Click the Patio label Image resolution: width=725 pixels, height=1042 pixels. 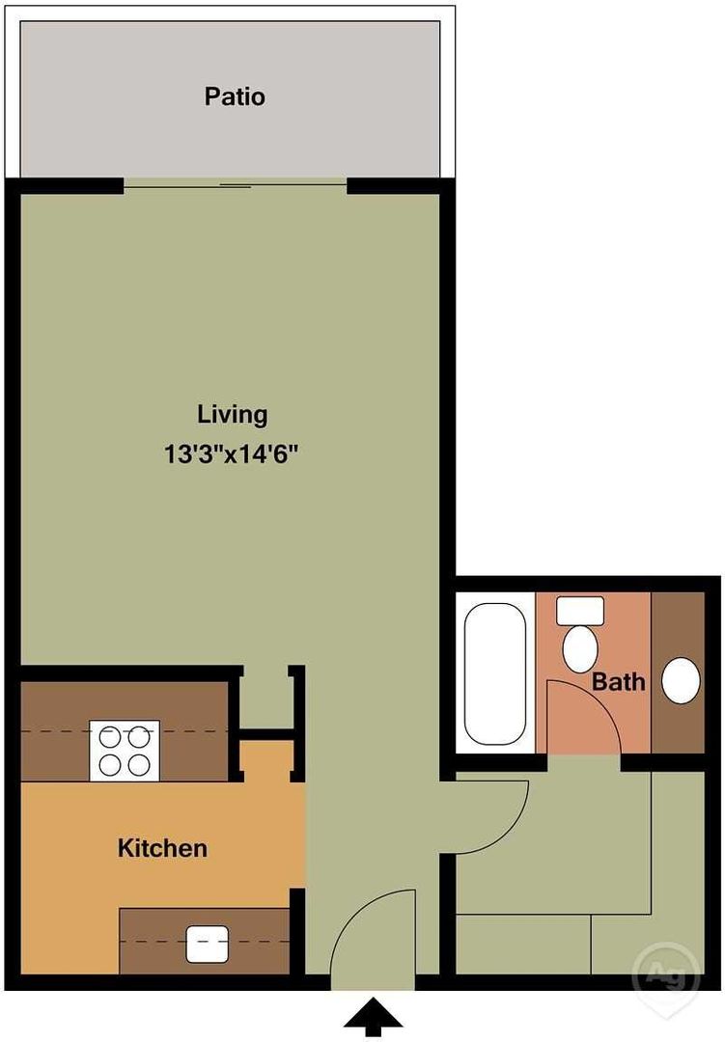(x=235, y=96)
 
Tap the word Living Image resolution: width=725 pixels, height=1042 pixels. (x=232, y=415)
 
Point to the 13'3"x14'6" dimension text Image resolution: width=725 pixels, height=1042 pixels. (x=231, y=455)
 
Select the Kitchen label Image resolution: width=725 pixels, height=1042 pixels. (x=162, y=848)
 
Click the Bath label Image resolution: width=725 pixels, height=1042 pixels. (x=618, y=682)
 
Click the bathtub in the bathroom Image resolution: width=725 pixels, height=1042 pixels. (x=494, y=673)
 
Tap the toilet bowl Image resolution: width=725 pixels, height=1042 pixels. (x=579, y=649)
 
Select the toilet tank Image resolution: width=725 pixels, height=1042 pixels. (x=580, y=610)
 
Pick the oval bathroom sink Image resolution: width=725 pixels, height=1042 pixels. (x=681, y=681)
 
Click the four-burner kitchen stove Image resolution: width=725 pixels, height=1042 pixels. (x=125, y=751)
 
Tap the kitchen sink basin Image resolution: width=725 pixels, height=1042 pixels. (x=207, y=945)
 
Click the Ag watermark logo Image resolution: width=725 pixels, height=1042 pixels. (x=666, y=974)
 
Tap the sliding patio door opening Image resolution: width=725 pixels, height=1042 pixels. (x=236, y=185)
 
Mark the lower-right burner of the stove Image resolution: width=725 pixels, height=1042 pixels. (x=140, y=765)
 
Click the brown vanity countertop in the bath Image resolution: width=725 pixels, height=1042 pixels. (x=677, y=672)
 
